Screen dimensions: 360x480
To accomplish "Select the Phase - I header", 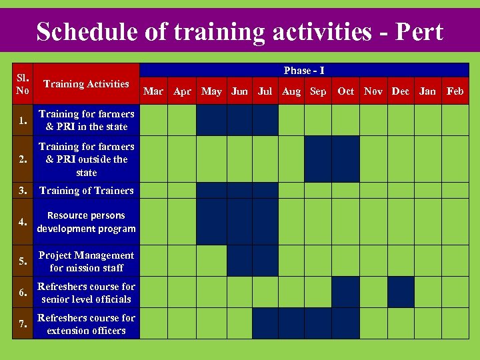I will tap(304, 71).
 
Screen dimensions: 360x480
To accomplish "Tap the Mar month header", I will tap(153, 91).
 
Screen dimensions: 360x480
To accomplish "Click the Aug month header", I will tap(291, 91).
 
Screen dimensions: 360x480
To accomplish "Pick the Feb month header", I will tap(455, 91).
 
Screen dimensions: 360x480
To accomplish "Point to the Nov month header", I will tap(373, 91).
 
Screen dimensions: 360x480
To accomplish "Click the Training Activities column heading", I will tap(86, 84).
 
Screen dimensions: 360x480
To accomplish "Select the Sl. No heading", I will tap(23, 84).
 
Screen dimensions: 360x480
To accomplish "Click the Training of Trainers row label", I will tap(86, 191).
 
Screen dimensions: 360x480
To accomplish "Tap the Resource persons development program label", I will tap(86, 222).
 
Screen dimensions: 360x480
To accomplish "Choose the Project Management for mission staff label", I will tap(86, 261).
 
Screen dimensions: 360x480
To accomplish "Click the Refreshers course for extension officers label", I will tap(86, 324).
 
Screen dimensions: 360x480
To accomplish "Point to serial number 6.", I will tap(23, 293).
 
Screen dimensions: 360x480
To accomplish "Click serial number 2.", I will tap(23, 159).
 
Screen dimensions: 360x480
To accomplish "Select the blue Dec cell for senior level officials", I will tap(401, 292).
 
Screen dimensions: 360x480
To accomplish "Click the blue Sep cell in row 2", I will tap(318, 159).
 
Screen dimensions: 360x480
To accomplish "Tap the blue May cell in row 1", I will tap(211, 120).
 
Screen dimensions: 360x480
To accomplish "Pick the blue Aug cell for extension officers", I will tap(291, 323).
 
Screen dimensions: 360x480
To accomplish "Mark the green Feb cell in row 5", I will tap(455, 261).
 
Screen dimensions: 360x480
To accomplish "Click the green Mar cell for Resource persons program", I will tap(154, 222).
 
